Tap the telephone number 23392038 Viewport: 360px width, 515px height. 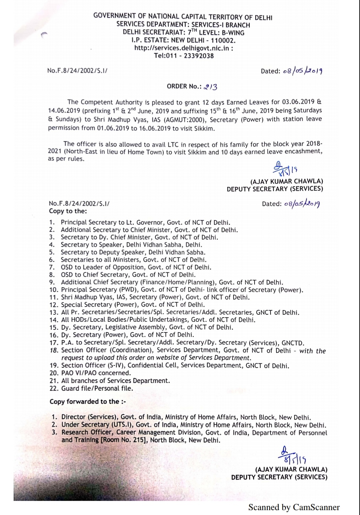199,56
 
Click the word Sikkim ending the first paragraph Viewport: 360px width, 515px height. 205,129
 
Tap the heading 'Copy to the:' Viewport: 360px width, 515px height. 68,211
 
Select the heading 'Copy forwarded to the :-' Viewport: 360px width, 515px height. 88,401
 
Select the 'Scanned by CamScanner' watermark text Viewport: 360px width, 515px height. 294,507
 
